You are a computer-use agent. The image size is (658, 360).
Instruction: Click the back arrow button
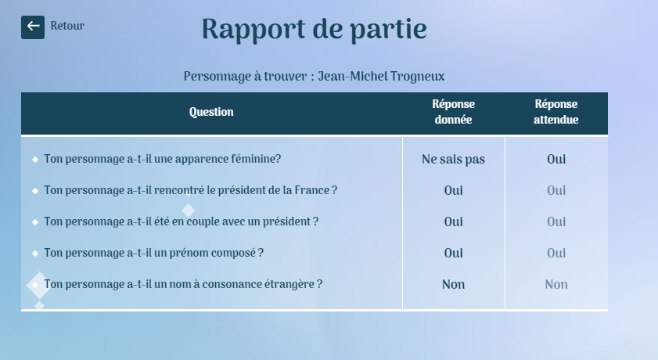coord(33,27)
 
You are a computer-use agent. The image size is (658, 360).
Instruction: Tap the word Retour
coord(67,26)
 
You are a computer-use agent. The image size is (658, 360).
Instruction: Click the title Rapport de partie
coord(315,30)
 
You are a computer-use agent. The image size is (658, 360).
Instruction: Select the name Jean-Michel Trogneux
coord(381,77)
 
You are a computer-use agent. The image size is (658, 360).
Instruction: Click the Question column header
coord(211,112)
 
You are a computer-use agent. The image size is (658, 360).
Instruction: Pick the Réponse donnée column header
coord(453,112)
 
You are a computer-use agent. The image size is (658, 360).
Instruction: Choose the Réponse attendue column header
coord(556,112)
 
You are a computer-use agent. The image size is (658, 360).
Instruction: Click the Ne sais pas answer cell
coord(453,160)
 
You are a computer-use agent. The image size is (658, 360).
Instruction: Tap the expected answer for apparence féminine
coord(556,160)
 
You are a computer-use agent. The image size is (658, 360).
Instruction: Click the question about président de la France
coord(191,190)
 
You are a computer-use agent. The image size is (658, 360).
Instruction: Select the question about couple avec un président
coord(182,221)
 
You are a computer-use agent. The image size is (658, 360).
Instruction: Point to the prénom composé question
coord(153,253)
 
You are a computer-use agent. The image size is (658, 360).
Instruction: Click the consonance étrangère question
coord(183,284)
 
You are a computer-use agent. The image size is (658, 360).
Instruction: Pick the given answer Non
coord(453,284)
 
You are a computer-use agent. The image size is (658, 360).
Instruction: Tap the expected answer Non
coord(556,284)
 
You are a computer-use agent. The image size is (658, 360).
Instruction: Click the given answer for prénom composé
coord(453,253)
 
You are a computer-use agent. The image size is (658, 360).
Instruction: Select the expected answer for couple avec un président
coord(556,222)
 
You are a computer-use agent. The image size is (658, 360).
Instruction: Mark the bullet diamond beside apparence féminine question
coord(35,160)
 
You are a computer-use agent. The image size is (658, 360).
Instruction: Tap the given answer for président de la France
coord(453,190)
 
